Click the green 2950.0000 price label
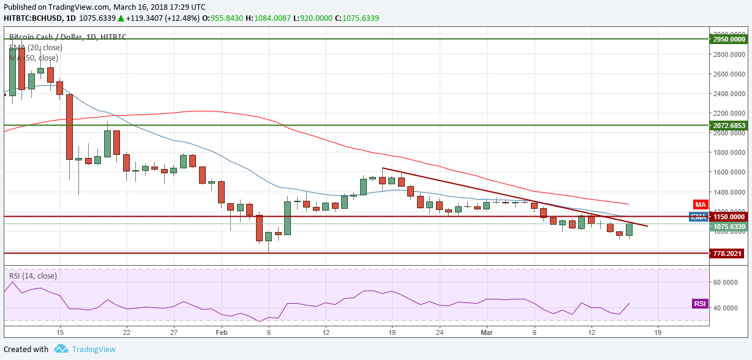(729, 39)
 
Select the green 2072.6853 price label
(729, 126)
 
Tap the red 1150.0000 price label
(729, 217)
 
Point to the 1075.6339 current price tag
(729, 227)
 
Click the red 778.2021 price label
(729, 253)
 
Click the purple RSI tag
(699, 304)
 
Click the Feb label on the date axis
(222, 332)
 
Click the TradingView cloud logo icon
(61, 349)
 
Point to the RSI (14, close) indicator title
(33, 276)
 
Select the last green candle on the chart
(628, 230)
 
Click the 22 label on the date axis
(126, 332)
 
